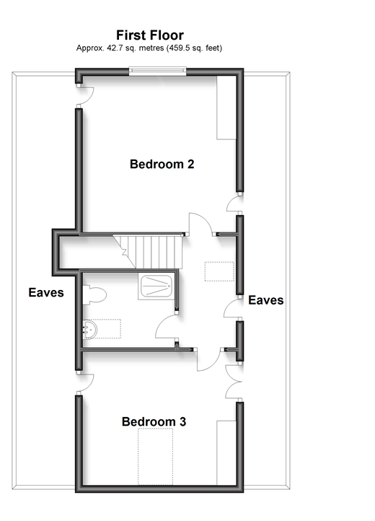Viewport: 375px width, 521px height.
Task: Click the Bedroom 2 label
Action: pyautogui.click(x=162, y=164)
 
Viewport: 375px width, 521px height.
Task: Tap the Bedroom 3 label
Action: pyautogui.click(x=154, y=421)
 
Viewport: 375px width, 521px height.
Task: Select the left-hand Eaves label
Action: pyautogui.click(x=46, y=293)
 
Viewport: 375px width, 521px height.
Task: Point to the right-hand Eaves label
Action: pyautogui.click(x=265, y=300)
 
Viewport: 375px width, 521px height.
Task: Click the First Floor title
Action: pyautogui.click(x=150, y=35)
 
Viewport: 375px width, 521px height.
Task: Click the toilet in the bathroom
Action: pyautogui.click(x=94, y=293)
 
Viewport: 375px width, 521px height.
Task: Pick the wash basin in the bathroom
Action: pyautogui.click(x=90, y=329)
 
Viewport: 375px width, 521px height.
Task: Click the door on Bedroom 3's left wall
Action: pyautogui.click(x=84, y=383)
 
